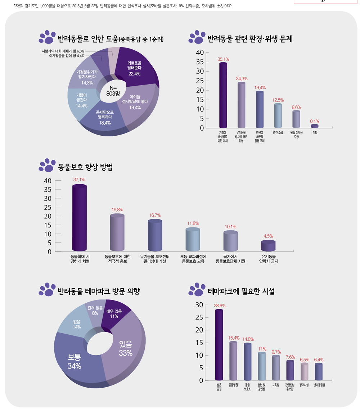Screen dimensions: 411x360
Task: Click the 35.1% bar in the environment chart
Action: point(223,95)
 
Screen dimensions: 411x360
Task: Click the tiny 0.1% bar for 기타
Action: point(315,126)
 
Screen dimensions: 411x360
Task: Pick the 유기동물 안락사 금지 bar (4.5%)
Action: point(268,246)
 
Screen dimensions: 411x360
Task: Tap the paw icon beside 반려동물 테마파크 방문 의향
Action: point(47,291)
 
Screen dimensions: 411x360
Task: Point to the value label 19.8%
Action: point(117,209)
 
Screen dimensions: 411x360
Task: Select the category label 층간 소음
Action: point(278,133)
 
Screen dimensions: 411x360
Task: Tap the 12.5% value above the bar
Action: point(278,100)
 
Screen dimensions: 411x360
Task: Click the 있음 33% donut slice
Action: point(126,348)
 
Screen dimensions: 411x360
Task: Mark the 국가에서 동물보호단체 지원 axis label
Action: point(230,259)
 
